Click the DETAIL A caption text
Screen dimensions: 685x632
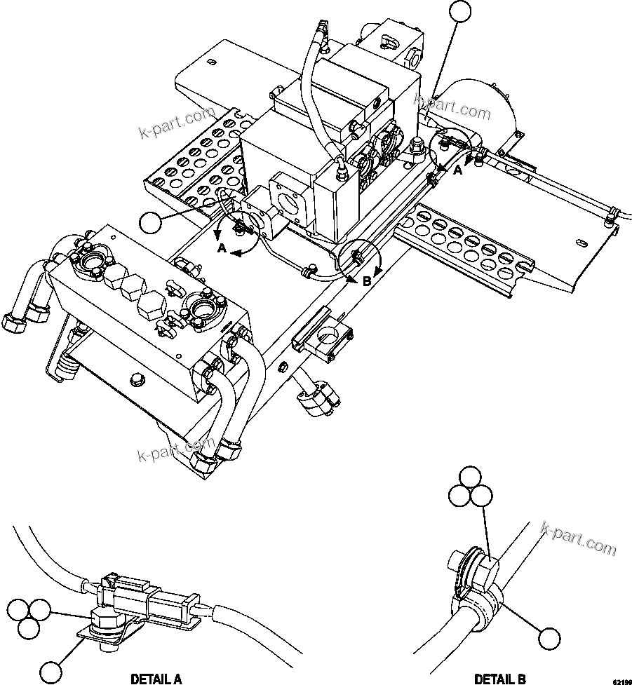pyautogui.click(x=156, y=678)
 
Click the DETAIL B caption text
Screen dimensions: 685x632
pyautogui.click(x=499, y=678)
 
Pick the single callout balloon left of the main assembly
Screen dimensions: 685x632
pyautogui.click(x=150, y=224)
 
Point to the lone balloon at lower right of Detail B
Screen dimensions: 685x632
pyautogui.click(x=550, y=639)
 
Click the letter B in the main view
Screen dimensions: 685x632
pyautogui.click(x=366, y=281)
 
